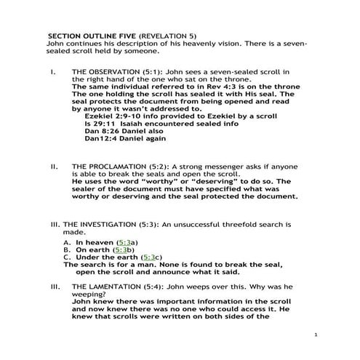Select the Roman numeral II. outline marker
pyautogui.click(x=54, y=167)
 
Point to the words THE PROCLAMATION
pyautogui.click(x=107, y=167)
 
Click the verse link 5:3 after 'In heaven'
pyautogui.click(x=127, y=241)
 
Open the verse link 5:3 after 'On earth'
pyautogui.click(x=122, y=249)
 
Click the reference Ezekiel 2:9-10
pyautogui.click(x=111, y=115)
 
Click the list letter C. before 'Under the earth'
pyautogui.click(x=67, y=257)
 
